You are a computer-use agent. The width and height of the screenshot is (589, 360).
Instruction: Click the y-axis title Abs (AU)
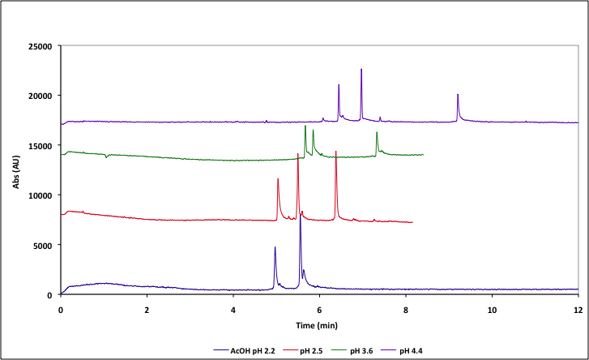(x=15, y=170)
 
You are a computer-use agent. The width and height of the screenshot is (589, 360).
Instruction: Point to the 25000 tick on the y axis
(x=39, y=46)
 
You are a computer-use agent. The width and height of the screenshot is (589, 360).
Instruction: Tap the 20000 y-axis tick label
(x=39, y=96)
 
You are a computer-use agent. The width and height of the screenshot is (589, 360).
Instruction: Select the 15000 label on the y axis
(x=39, y=145)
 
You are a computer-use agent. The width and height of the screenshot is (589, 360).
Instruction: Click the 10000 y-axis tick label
(x=39, y=195)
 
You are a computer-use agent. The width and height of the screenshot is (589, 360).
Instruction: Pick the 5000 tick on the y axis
(x=41, y=245)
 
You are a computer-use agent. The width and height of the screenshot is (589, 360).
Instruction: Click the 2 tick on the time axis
(x=147, y=310)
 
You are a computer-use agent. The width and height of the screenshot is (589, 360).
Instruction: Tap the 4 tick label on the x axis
(x=233, y=310)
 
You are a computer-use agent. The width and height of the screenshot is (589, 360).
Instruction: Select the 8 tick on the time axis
(x=405, y=310)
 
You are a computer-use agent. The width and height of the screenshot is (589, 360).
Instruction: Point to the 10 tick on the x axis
(x=491, y=310)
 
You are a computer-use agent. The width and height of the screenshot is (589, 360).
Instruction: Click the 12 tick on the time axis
(x=577, y=310)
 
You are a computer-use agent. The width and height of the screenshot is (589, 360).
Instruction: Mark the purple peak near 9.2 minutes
(x=458, y=96)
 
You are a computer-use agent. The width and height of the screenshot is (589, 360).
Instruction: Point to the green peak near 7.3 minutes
(x=377, y=133)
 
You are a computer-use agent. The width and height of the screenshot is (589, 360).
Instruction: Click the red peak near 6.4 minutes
(x=335, y=152)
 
